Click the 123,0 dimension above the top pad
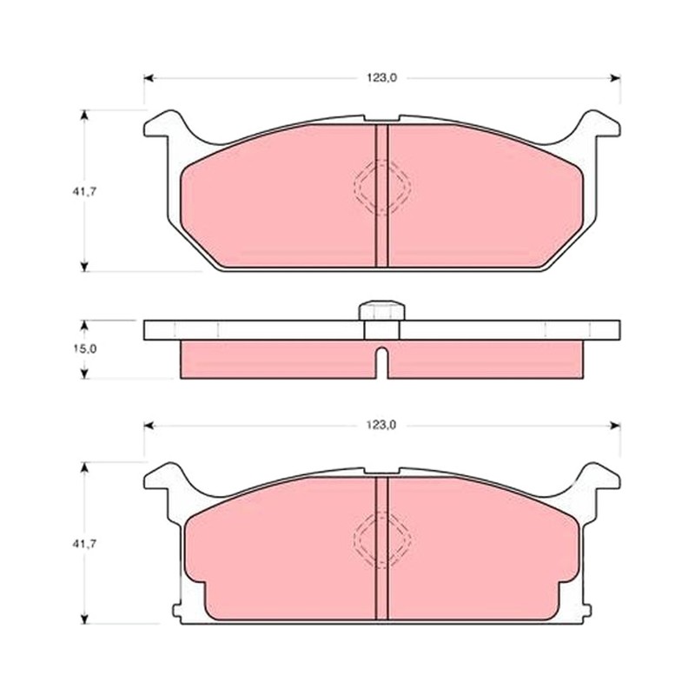pyautogui.click(x=381, y=78)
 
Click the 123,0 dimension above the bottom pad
pyautogui.click(x=381, y=426)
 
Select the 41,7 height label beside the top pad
pyautogui.click(x=84, y=192)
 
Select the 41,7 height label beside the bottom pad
pyautogui.click(x=84, y=544)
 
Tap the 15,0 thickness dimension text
pyautogui.click(x=84, y=349)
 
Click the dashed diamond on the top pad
pyautogui.click(x=382, y=187)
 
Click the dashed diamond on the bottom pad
pyautogui.click(x=382, y=539)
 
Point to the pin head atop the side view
pyautogui.click(x=381, y=310)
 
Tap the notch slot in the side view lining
pyautogui.click(x=381, y=362)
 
